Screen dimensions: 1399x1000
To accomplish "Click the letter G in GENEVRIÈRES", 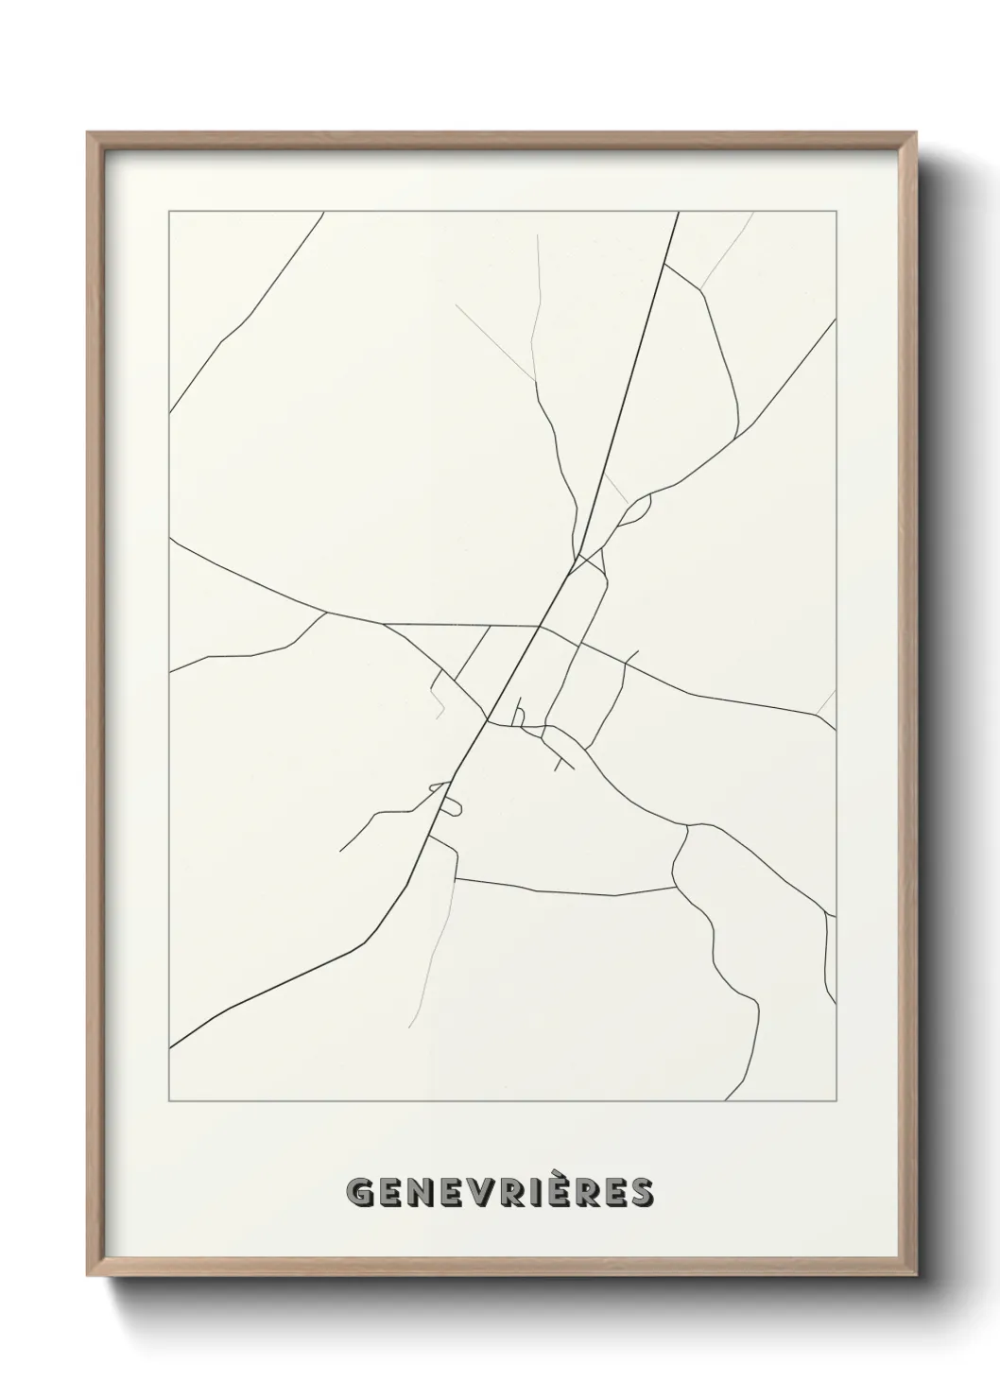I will [361, 1194].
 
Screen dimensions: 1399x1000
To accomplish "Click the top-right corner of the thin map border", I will [836, 211].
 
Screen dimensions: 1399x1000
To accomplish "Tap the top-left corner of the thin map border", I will [169, 211].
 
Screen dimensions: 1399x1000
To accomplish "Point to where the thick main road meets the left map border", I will [170, 1047].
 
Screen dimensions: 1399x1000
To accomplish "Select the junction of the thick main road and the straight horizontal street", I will [539, 626].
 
